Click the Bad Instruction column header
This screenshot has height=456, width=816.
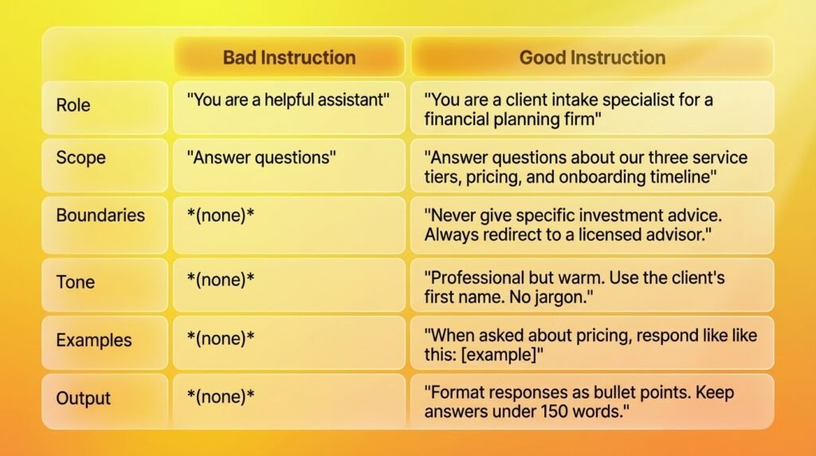coord(289,57)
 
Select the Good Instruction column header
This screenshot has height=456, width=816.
coord(592,57)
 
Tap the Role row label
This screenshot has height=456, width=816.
coord(73,105)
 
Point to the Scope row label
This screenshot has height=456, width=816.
coord(80,157)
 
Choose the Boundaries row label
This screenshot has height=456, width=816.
coord(100,215)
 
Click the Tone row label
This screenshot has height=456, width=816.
coord(76,281)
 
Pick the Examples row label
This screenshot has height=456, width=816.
coord(94,340)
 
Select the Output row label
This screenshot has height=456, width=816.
coord(83,399)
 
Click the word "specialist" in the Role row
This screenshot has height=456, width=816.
coord(638,100)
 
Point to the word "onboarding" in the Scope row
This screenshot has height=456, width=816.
coord(606,177)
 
